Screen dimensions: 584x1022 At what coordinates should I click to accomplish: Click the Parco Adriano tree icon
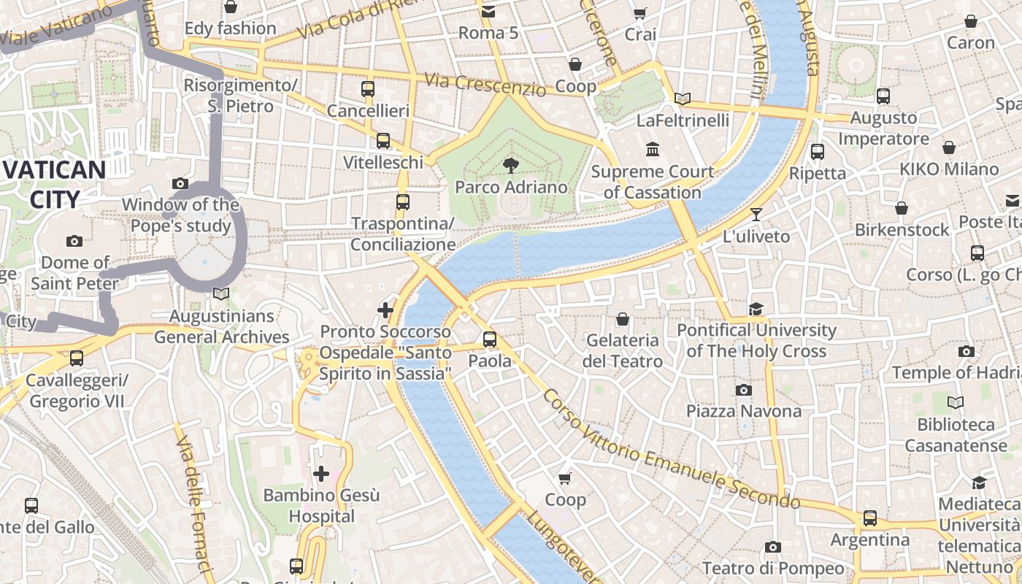click(511, 166)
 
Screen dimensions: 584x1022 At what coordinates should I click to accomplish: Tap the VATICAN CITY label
click(55, 185)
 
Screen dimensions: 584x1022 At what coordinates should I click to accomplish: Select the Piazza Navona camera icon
click(744, 390)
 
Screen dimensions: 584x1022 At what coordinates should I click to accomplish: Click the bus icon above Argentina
click(869, 518)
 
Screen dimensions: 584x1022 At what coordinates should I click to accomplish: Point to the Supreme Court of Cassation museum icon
click(653, 150)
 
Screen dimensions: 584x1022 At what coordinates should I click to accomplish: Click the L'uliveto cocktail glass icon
click(756, 215)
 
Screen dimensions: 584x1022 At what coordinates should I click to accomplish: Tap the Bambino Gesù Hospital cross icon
click(321, 474)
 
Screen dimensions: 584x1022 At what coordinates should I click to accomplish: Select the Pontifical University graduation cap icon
click(756, 309)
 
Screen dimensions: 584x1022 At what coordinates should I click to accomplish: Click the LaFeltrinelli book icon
click(683, 99)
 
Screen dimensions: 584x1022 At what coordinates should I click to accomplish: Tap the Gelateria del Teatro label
click(623, 350)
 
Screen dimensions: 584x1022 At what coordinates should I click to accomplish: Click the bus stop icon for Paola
click(490, 339)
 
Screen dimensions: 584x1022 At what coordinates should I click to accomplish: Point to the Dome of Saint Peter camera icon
click(74, 241)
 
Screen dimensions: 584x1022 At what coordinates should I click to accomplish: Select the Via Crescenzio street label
click(485, 84)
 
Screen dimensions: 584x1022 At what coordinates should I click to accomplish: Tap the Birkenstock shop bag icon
click(902, 208)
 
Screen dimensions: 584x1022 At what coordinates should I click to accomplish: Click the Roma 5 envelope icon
click(488, 11)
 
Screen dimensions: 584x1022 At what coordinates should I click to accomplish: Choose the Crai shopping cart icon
click(640, 12)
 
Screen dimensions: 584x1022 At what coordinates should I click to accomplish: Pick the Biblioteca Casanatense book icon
click(955, 402)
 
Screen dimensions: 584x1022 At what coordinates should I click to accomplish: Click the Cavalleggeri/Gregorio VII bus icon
click(76, 358)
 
